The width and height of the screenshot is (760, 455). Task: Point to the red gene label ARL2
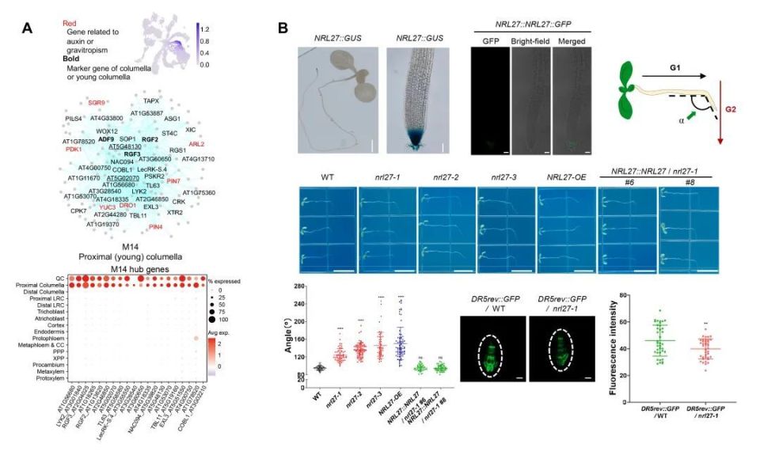pos(197,145)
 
